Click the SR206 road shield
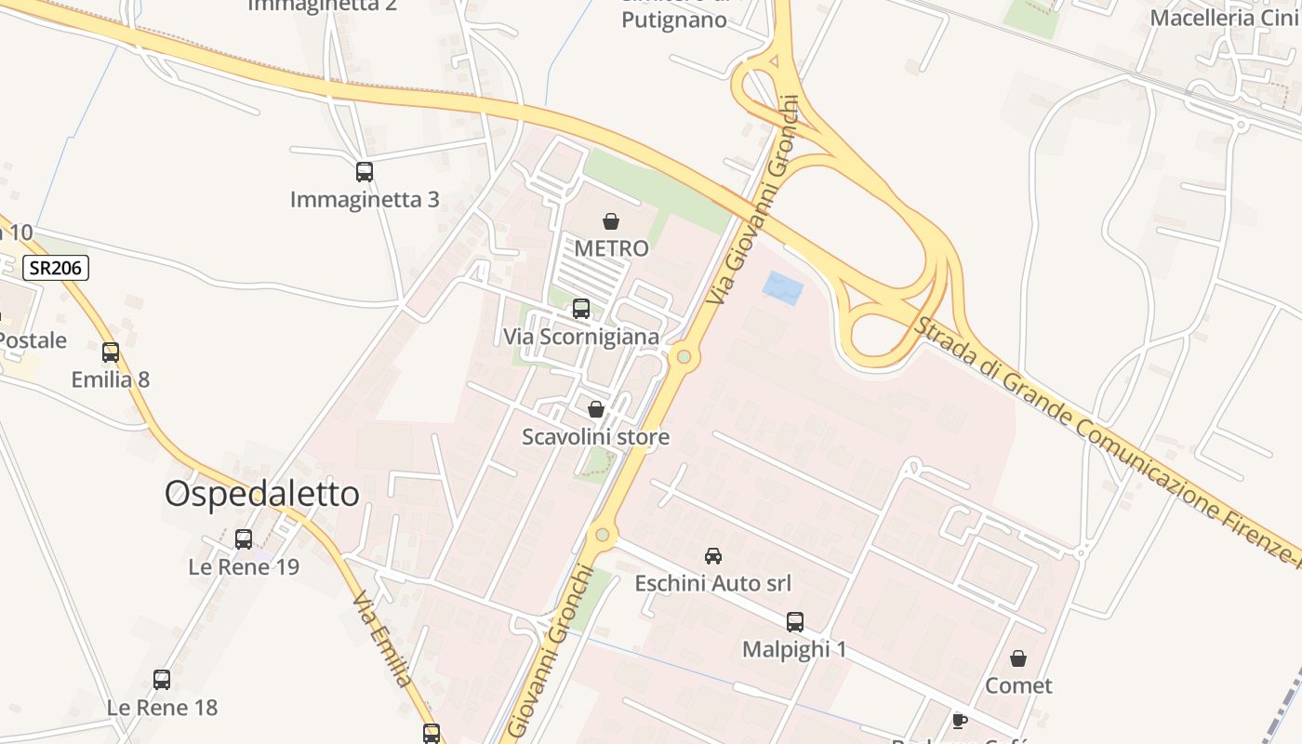[x=56, y=269]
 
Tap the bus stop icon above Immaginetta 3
[x=365, y=172]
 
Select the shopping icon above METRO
[x=611, y=221]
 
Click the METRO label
[x=611, y=248]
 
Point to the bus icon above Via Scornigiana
[x=581, y=309]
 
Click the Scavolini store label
[x=595, y=436]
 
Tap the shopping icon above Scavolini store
[x=596, y=409]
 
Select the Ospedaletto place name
[x=262, y=494]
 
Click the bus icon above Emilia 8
[x=111, y=352]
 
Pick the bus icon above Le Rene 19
[x=244, y=539]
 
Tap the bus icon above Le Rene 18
[x=162, y=680]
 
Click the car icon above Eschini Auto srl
[x=713, y=556]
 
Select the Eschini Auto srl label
[x=713, y=583]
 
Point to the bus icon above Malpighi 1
[x=795, y=622]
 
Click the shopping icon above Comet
[x=1018, y=658]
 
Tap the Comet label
[x=1018, y=685]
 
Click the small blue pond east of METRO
[x=782, y=287]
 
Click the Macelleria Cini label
[x=1224, y=18]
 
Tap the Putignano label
[x=674, y=19]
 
